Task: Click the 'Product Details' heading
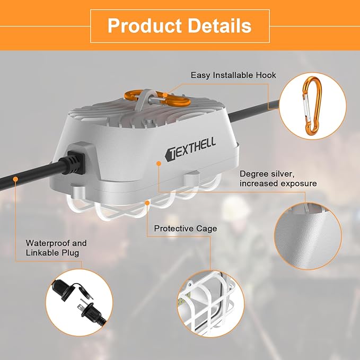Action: click(x=179, y=25)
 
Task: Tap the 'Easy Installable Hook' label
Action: click(x=233, y=75)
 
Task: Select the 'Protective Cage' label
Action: click(x=186, y=229)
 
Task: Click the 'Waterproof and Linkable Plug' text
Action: click(x=56, y=248)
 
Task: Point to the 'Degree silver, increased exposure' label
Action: click(x=278, y=178)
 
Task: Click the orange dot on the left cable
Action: click(x=16, y=180)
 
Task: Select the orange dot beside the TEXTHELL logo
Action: click(x=159, y=165)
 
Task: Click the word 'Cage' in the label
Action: click(x=207, y=229)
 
